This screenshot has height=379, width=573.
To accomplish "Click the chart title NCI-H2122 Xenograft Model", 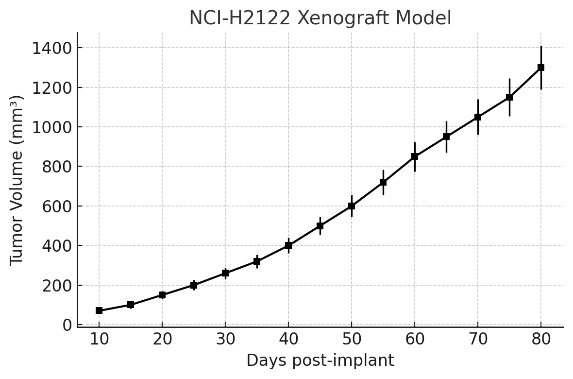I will pyautogui.click(x=320, y=18).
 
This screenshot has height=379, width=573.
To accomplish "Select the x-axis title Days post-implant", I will pyautogui.click(x=320, y=361).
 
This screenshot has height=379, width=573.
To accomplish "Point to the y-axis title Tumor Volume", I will pyautogui.click(x=17, y=180).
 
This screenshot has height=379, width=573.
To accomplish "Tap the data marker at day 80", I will pyautogui.click(x=541, y=68).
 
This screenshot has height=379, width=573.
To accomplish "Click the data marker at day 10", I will pyautogui.click(x=99, y=310).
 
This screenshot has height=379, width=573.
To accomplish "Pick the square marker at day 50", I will pyautogui.click(x=352, y=206).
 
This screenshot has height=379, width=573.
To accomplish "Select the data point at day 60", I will pyautogui.click(x=415, y=156).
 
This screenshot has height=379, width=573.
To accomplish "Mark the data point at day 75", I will pyautogui.click(x=509, y=97).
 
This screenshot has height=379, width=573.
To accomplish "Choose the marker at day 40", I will pyautogui.click(x=288, y=245).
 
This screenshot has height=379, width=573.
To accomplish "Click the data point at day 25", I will pyautogui.click(x=194, y=285).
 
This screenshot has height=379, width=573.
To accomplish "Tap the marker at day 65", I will pyautogui.click(x=446, y=137).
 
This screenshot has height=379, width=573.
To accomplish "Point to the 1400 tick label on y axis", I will pyautogui.click(x=52, y=48).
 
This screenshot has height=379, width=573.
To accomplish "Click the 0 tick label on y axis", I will pyautogui.click(x=67, y=325).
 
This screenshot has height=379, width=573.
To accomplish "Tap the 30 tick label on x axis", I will pyautogui.click(x=225, y=339).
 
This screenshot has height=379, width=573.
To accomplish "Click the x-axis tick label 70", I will pyautogui.click(x=478, y=339).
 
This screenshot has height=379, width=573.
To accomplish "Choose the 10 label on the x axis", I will pyautogui.click(x=99, y=339).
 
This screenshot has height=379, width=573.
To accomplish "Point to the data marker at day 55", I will pyautogui.click(x=383, y=182).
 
